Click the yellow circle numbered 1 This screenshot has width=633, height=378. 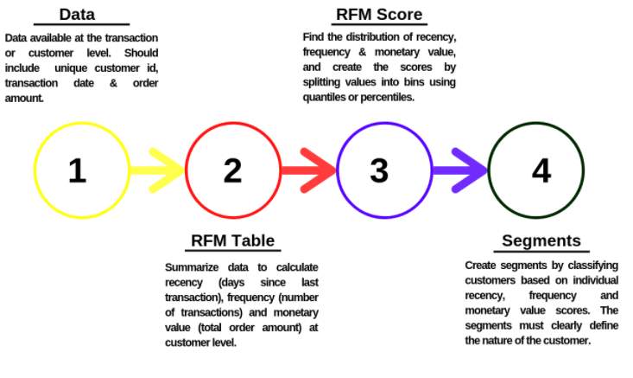[78, 170]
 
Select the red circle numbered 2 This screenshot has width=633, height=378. [231, 170]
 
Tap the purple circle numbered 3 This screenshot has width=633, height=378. [380, 170]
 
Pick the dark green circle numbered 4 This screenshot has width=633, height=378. [539, 170]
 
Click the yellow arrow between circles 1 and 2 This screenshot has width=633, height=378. [159, 170]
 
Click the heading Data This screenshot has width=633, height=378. [77, 15]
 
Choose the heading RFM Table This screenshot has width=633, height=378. [233, 241]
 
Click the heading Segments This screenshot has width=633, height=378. [541, 241]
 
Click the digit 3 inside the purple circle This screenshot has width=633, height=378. [380, 170]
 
